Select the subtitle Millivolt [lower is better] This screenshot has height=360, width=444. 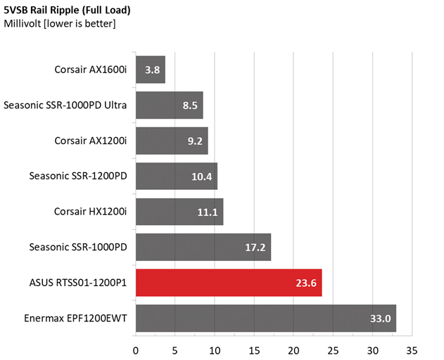[x=60, y=23]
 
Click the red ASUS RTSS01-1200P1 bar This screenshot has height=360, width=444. [x=229, y=283]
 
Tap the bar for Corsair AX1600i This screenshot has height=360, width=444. [x=151, y=70]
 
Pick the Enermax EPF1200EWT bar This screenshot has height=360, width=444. [x=266, y=319]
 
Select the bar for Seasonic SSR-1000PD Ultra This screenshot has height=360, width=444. [x=170, y=105]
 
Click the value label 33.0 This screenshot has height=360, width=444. [x=380, y=319]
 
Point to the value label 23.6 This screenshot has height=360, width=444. [x=306, y=283]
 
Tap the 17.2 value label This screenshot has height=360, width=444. [x=255, y=247]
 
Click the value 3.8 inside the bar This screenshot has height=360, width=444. [x=153, y=70]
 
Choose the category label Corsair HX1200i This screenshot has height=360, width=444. [x=90, y=212]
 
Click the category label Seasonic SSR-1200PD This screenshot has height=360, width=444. [x=78, y=176]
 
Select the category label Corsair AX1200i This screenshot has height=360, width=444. [x=91, y=141]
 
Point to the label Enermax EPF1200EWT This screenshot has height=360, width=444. [x=75, y=319]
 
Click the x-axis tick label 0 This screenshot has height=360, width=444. [x=136, y=351]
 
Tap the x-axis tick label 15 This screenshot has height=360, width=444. [x=254, y=351]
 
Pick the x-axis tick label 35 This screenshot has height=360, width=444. [x=412, y=351]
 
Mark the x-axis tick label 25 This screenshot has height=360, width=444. [x=333, y=351]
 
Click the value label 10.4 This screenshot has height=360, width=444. [x=202, y=176]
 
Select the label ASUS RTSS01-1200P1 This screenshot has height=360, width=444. [x=78, y=283]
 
